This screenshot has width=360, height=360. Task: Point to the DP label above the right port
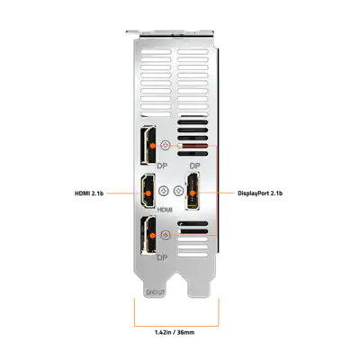coord(192,167)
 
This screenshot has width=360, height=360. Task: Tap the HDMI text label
coord(164,209)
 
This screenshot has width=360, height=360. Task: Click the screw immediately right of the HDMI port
coord(163,192)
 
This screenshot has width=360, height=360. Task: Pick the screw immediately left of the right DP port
coord(177,192)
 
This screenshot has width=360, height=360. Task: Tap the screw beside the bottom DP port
coord(165,235)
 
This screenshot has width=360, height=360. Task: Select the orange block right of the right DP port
coord(228,193)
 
